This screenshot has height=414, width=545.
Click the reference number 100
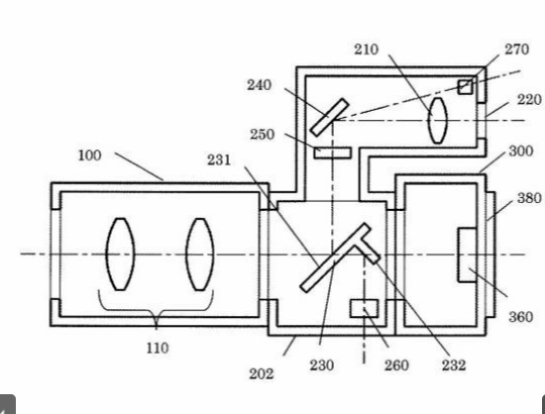pos(89,155)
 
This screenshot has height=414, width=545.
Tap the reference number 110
pos(158,348)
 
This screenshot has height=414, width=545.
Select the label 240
pos(259,85)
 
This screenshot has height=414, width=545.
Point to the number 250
pos(262,135)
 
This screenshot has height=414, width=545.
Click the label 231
pos(219,160)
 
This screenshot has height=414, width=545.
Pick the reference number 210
pos(367,50)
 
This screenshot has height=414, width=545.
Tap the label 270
pos(517,50)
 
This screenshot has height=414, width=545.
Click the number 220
pos(529,100)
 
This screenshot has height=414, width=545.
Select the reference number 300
pos(521,152)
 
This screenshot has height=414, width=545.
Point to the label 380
pos(529,198)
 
